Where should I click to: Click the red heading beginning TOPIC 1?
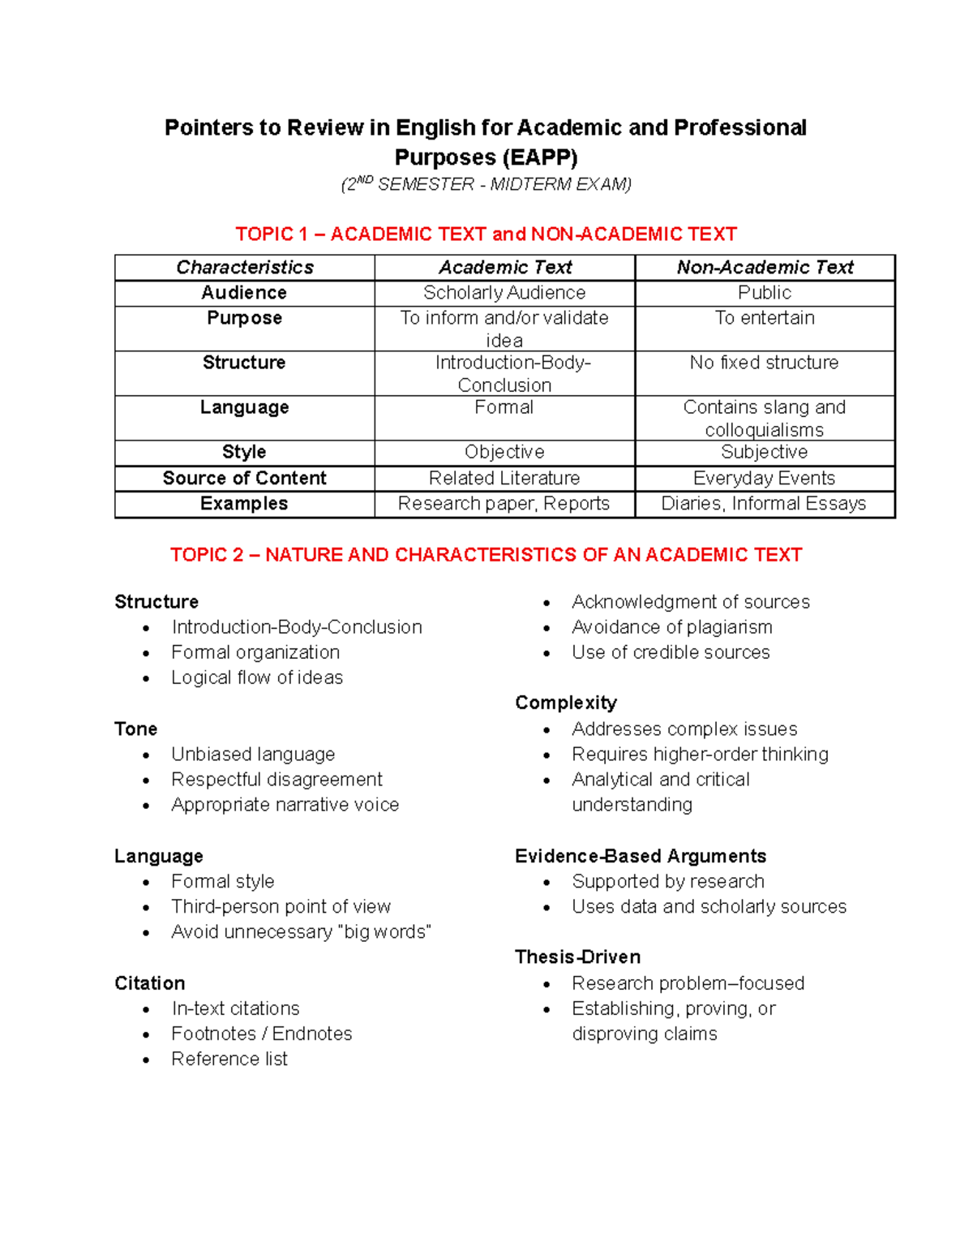486,234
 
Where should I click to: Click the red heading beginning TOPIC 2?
486,555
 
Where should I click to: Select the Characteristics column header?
245,268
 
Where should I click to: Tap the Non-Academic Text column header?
765,268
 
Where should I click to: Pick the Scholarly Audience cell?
504,293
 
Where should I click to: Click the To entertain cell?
765,318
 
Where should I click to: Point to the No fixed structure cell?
764,363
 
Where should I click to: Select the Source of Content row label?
245,479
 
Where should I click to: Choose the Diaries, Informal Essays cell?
764,504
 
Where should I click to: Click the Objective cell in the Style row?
504,452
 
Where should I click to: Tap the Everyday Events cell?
764,479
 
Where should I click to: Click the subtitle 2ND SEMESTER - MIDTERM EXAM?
486,184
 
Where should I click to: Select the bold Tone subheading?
136,729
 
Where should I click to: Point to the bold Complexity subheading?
566,703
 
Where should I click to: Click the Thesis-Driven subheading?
577,957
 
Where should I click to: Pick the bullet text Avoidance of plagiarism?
671,627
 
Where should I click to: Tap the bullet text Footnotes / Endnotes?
262,1034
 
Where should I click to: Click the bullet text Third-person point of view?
281,906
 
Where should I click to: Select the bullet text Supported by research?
668,881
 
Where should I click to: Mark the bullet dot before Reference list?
146,1060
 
